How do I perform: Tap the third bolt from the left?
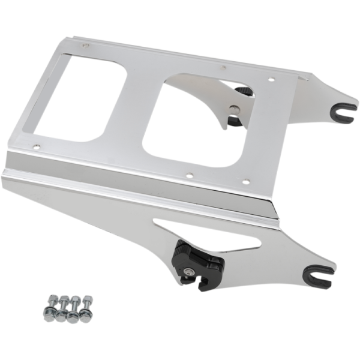point(74,306)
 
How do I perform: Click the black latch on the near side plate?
point(200,258)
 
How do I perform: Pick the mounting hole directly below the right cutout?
point(189,176)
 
